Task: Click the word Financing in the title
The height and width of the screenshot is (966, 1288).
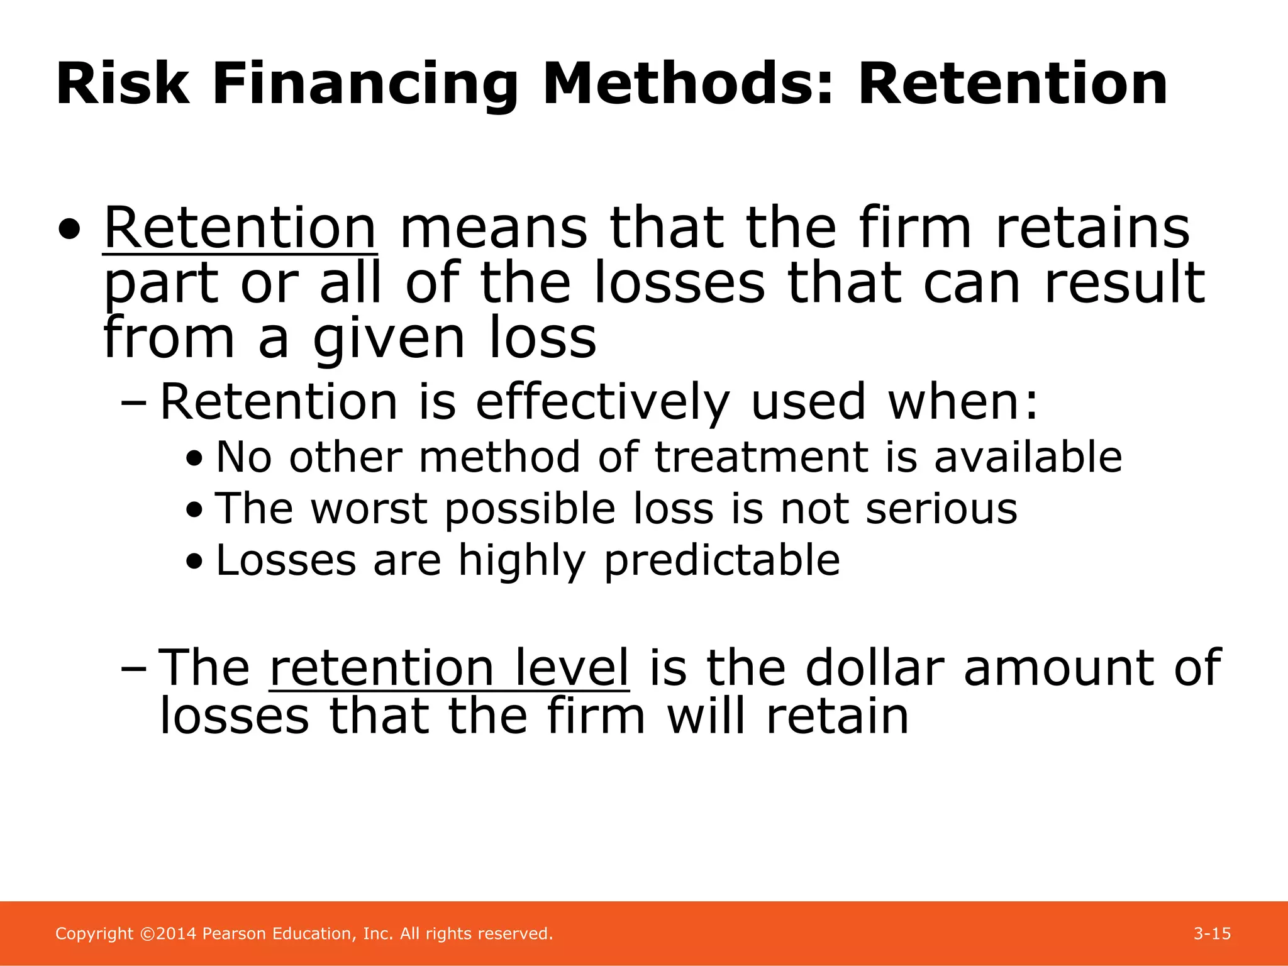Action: point(365,85)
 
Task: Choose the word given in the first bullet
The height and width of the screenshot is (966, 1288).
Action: point(389,340)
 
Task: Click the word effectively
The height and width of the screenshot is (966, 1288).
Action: point(602,402)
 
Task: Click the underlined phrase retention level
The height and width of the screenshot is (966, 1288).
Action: point(449,668)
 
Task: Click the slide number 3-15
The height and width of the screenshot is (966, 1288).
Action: point(1212,934)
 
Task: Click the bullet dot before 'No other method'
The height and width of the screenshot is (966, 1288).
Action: point(195,458)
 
